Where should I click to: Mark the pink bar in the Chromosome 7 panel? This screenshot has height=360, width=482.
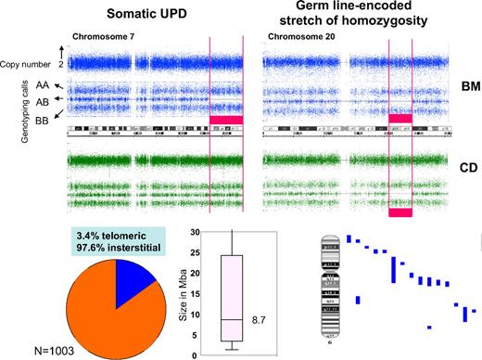(226, 119)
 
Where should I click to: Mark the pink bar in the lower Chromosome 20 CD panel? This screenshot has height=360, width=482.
(400, 212)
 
